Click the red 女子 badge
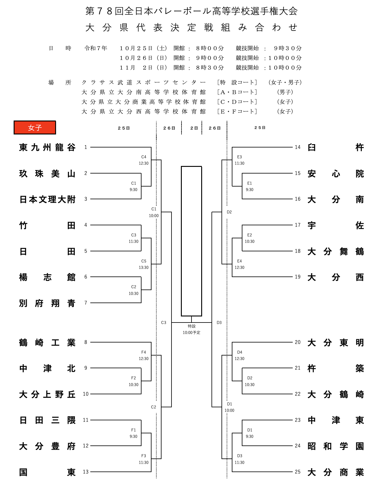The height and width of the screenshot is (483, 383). pyautogui.click(x=35, y=127)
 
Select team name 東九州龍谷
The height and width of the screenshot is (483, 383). pyautogui.click(x=47, y=147)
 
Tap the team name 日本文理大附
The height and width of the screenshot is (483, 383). pyautogui.click(x=47, y=200)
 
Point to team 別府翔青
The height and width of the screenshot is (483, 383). pyautogui.click(x=47, y=303)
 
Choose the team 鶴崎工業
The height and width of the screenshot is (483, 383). pyautogui.click(x=47, y=342)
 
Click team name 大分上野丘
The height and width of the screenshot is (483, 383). pyautogui.click(x=47, y=394)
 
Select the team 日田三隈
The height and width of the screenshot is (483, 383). pyautogui.click(x=47, y=420)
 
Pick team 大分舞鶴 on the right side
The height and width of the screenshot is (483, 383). pyautogui.click(x=335, y=251)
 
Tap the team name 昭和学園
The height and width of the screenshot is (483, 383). pyautogui.click(x=335, y=446)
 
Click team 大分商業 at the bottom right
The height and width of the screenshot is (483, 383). pyautogui.click(x=335, y=472)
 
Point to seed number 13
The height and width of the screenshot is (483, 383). pyautogui.click(x=86, y=472)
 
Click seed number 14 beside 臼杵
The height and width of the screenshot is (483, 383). pyautogui.click(x=298, y=147)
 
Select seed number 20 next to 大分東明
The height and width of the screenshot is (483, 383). pyautogui.click(x=298, y=342)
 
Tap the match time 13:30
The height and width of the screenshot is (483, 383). pyautogui.click(x=144, y=267)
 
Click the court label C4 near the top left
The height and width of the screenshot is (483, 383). pyautogui.click(x=144, y=157)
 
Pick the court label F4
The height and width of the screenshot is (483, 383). pyautogui.click(x=144, y=352)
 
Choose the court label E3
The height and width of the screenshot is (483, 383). pyautogui.click(x=239, y=157)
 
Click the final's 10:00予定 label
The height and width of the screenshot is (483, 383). pyautogui.click(x=191, y=332)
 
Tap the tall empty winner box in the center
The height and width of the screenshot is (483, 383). pyautogui.click(x=191, y=241)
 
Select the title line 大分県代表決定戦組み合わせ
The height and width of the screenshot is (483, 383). pyautogui.click(x=191, y=28)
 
